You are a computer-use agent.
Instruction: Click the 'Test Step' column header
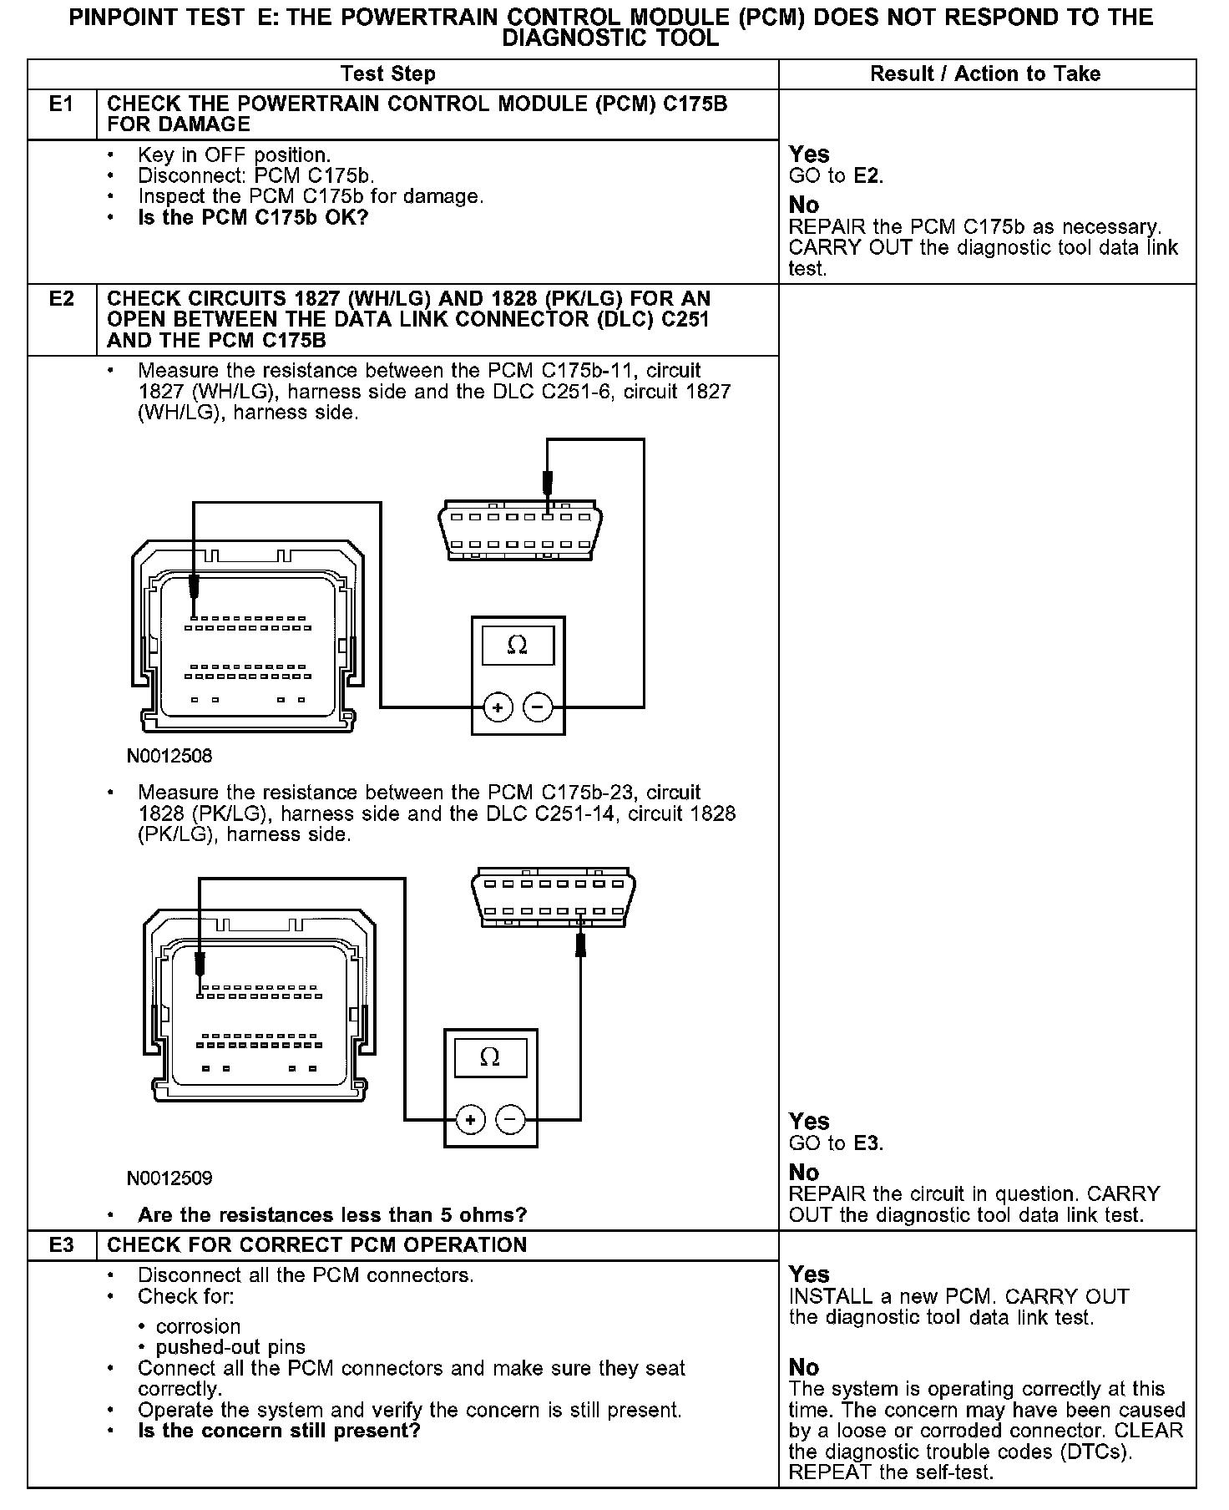[388, 74]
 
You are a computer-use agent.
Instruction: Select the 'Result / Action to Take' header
[985, 74]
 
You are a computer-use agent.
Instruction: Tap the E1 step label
[62, 104]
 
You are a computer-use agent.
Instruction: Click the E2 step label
[62, 299]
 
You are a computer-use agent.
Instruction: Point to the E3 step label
[62, 1245]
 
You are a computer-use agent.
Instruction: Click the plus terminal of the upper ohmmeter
[498, 708]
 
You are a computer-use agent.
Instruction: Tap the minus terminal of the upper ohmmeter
[538, 708]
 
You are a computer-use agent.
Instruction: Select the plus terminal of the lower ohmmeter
[471, 1120]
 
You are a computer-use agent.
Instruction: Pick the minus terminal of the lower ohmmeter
[511, 1120]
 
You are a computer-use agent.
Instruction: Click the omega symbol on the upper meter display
[518, 646]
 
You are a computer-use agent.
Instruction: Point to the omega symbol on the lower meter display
[490, 1057]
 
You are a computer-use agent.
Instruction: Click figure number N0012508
[169, 757]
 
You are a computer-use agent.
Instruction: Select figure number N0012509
[169, 1178]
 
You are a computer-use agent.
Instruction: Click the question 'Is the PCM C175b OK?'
[253, 218]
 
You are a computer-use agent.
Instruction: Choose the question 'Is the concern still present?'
[279, 1431]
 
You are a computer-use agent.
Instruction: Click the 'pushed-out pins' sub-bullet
[230, 1347]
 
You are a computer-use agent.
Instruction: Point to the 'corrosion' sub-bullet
[198, 1326]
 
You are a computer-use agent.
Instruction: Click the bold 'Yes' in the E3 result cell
[809, 1274]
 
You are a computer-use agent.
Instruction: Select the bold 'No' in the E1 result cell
[804, 205]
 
